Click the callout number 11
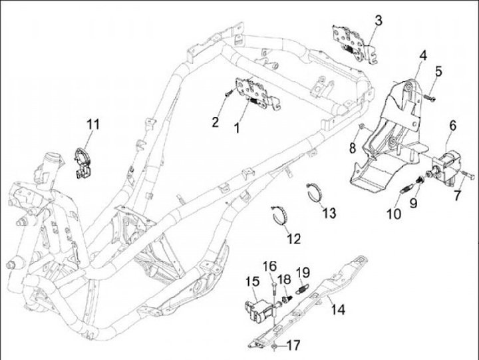coord(92,124)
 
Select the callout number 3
coord(378,21)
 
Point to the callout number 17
coord(293,346)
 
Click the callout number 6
coord(452,124)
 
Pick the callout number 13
coord(329,213)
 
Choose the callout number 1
coord(238,128)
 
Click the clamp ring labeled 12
coord(281,215)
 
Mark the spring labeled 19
coord(301,289)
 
